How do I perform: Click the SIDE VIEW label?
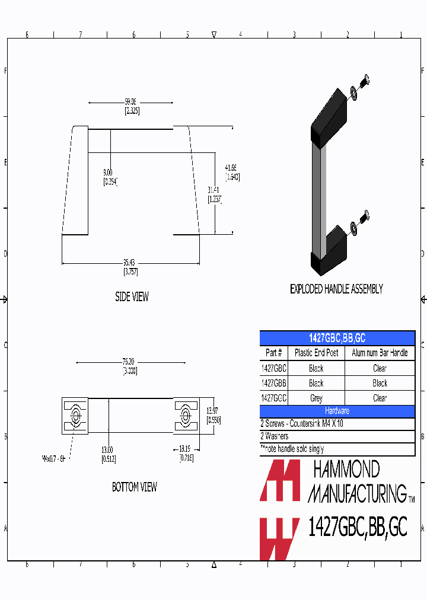(132, 297)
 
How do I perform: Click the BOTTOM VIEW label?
(135, 487)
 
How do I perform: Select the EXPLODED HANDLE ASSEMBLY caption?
(336, 289)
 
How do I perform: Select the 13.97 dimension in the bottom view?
(213, 411)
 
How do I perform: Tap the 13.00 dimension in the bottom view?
(107, 449)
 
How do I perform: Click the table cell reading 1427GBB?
(274, 383)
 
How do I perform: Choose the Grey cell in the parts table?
(316, 398)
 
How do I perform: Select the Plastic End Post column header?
(316, 353)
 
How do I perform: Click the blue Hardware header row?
(337, 411)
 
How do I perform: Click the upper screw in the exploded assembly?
(365, 79)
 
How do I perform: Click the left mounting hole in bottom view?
(75, 414)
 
